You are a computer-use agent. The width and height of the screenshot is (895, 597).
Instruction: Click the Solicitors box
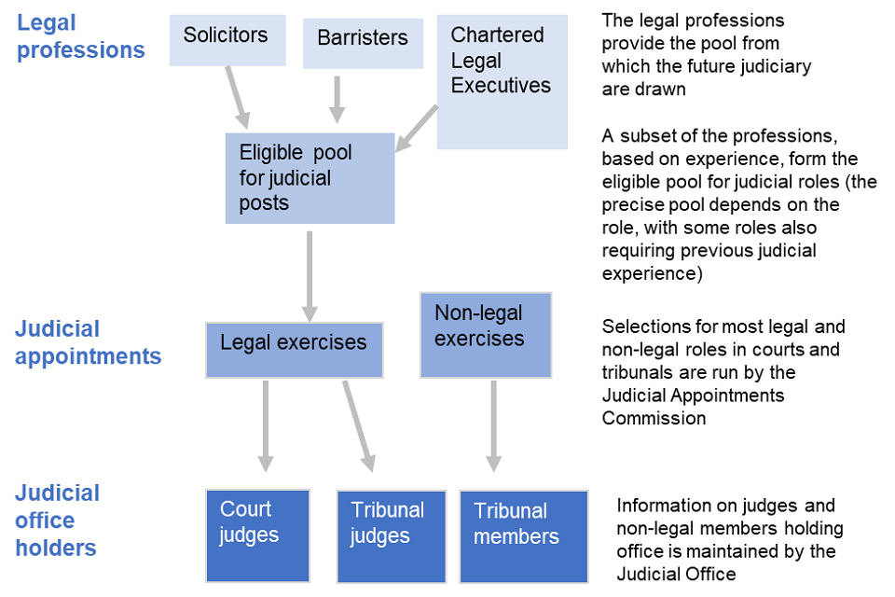point(227,39)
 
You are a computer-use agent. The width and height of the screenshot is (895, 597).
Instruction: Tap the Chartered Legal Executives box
point(502,82)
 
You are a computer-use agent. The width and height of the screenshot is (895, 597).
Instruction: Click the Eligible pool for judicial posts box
point(310,177)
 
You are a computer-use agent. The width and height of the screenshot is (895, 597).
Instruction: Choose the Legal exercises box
point(294,350)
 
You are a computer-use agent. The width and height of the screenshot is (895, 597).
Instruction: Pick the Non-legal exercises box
point(485,335)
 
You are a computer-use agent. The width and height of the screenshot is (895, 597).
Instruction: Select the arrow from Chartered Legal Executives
point(417,128)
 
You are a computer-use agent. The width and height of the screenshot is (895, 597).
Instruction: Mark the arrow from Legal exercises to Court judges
point(266,424)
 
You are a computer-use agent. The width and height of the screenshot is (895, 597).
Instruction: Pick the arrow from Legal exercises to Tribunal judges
point(359,424)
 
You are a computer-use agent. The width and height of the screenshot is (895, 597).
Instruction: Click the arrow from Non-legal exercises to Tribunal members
point(493,424)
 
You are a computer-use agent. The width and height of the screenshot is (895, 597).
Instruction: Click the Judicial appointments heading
point(88,342)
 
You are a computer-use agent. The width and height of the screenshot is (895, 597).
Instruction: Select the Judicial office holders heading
point(58,520)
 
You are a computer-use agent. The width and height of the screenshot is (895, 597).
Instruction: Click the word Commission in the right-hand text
point(654,418)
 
